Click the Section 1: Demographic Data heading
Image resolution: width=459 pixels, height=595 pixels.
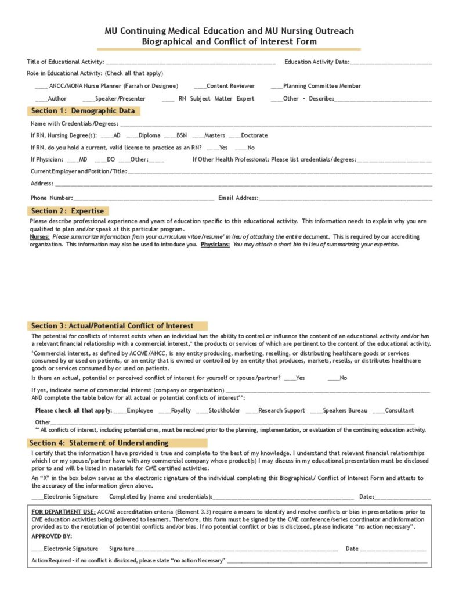pos(83,111)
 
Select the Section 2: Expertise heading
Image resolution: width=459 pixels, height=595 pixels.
pos(67,211)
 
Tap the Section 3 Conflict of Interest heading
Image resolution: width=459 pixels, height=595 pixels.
pos(113,326)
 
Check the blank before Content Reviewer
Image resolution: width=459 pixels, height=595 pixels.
pos(200,87)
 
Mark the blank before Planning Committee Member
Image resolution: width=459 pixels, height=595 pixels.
pos(277,87)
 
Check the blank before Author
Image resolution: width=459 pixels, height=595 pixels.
pos(41,99)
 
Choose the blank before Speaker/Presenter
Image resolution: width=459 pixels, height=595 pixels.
pos(89,99)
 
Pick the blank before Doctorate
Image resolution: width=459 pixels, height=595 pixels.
pos(234,136)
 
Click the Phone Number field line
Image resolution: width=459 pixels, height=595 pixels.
pos(143,199)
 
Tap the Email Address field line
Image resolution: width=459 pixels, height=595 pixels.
pos(345,199)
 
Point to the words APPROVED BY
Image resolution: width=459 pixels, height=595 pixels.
pos(52,536)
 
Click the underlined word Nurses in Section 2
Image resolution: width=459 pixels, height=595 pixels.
pos(39,237)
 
